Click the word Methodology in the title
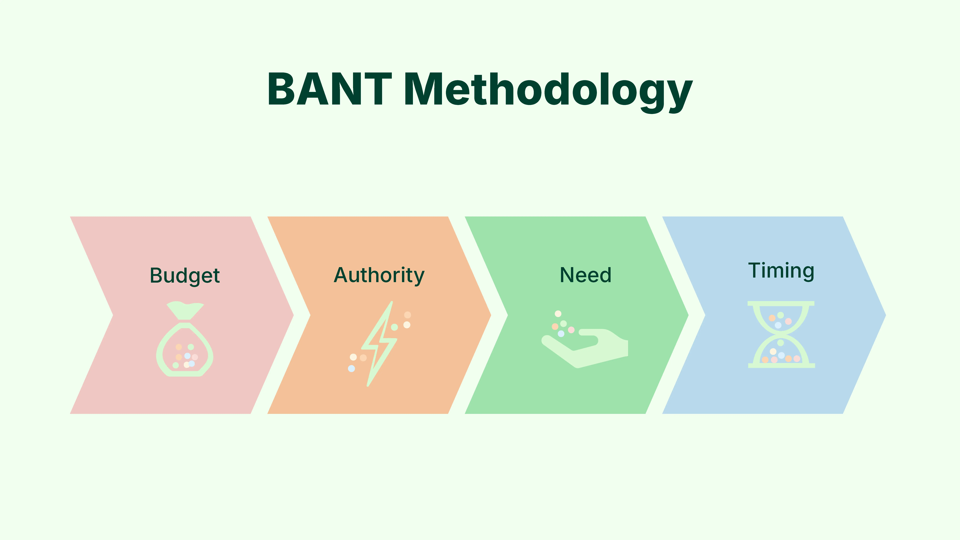pyautogui.click(x=548, y=91)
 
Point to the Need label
pyautogui.click(x=585, y=275)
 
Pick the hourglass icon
pyautogui.click(x=781, y=334)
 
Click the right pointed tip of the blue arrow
pyautogui.click(x=885, y=315)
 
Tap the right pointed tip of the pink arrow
pyautogui.click(x=293, y=315)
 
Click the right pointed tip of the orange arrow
pyautogui.click(x=490, y=315)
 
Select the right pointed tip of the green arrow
pyautogui.click(x=688, y=315)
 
